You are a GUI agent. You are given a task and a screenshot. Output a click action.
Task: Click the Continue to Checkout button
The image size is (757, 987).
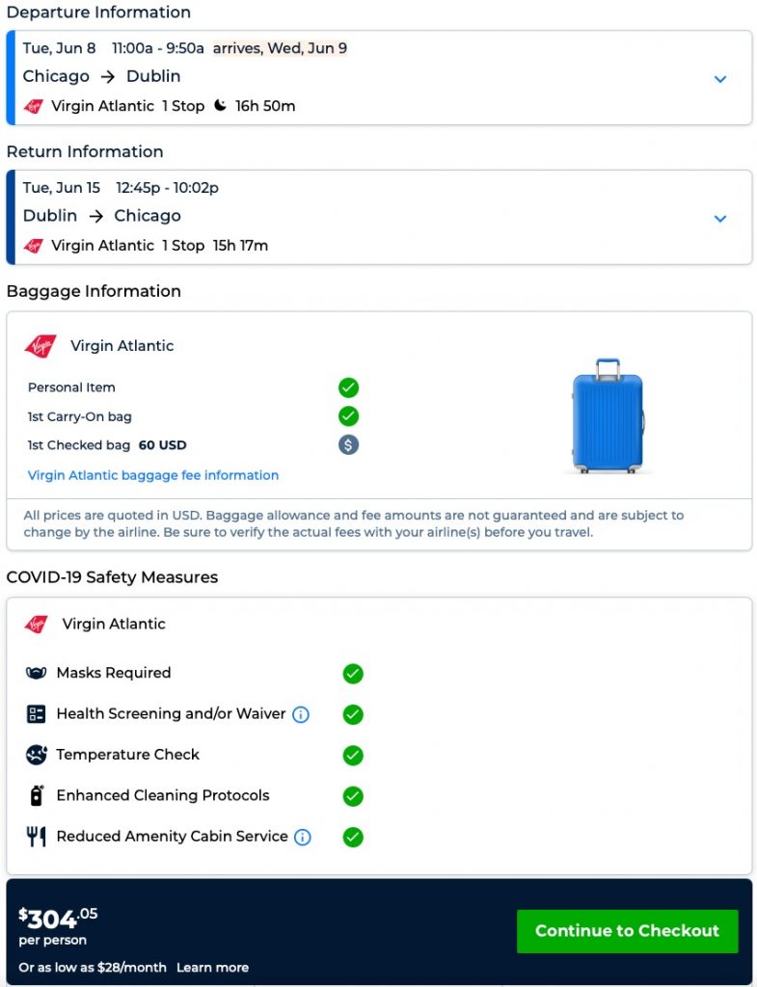tap(627, 931)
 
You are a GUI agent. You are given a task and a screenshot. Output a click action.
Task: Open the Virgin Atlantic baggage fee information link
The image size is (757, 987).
tap(153, 475)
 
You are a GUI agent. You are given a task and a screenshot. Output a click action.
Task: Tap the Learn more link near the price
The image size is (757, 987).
tap(212, 968)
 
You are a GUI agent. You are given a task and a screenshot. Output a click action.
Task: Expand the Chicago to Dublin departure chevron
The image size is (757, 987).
tap(719, 79)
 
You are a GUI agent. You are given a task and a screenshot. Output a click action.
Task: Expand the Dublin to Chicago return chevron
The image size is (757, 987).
tap(719, 219)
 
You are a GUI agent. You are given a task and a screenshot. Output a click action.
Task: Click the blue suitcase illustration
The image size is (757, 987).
tap(608, 416)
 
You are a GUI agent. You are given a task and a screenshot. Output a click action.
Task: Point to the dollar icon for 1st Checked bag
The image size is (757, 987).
tap(348, 445)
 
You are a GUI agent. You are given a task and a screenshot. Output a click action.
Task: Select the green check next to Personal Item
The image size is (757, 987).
tap(348, 387)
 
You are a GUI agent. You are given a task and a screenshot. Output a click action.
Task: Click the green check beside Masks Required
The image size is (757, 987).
tap(353, 674)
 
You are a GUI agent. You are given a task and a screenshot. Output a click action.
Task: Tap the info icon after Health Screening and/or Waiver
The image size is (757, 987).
tap(301, 714)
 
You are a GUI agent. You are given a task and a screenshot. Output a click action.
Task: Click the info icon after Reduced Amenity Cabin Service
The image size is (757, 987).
tap(303, 837)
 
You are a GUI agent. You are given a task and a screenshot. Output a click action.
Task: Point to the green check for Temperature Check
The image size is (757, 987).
tap(353, 755)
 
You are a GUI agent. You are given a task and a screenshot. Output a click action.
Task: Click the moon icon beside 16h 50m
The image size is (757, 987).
tap(221, 106)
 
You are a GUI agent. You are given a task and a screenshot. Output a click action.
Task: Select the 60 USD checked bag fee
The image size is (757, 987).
tap(162, 445)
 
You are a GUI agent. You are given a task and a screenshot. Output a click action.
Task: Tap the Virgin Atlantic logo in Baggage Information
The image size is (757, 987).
tap(41, 346)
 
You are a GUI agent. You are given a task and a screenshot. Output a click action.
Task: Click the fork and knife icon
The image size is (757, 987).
tap(37, 837)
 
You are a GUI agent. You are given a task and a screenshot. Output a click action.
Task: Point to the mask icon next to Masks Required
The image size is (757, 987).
tap(37, 674)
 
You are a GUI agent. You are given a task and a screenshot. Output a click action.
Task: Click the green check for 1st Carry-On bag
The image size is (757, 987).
tap(348, 416)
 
